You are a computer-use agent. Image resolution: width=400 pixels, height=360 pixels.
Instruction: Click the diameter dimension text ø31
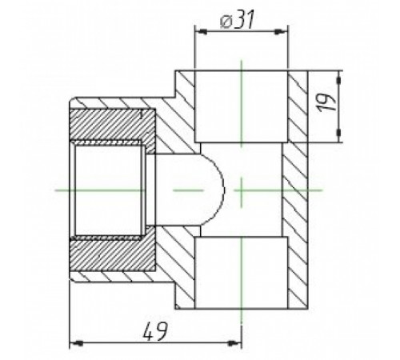[237, 20]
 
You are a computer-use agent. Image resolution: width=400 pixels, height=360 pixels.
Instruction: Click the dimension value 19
[326, 102]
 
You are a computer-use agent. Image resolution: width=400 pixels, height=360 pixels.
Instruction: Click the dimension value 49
[154, 331]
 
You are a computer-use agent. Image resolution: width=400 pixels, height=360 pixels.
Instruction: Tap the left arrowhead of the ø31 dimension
[202, 32]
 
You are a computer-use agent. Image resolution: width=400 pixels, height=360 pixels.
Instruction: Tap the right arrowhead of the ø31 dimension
[282, 32]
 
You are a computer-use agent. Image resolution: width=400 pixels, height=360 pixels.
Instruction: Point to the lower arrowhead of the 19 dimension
[338, 133]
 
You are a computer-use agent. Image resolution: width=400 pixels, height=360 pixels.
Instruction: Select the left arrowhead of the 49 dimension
[77, 343]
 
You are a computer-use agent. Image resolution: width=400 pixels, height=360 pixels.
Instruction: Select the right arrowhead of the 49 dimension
[234, 343]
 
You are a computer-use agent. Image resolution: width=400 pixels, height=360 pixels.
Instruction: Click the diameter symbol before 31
[226, 22]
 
